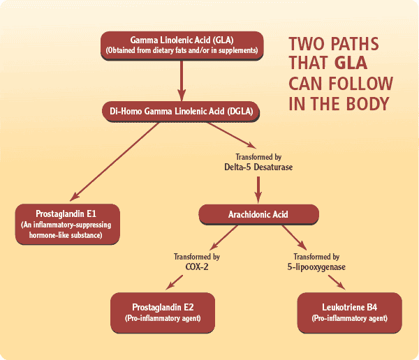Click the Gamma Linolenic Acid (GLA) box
[182, 44]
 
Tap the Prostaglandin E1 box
[68, 223]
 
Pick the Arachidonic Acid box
[259, 214]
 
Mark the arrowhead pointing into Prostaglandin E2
[168, 286]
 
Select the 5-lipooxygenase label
[314, 266]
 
